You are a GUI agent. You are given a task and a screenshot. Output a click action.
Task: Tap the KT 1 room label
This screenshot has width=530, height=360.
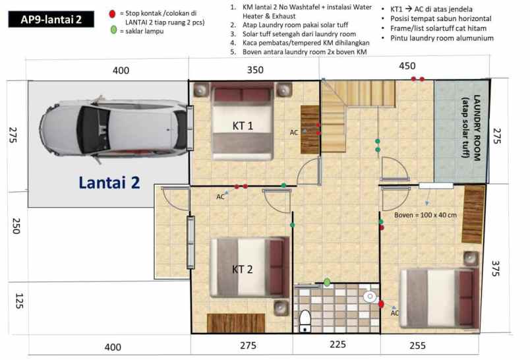[x=243, y=125]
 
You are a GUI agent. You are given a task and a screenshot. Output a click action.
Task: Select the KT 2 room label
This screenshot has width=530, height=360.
[x=243, y=269]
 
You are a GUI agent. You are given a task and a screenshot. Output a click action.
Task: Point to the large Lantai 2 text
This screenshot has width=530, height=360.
[x=109, y=183]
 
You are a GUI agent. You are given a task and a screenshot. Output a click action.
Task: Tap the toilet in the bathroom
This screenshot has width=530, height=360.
[x=305, y=320]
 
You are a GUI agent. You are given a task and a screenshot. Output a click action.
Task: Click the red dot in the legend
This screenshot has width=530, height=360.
[x=113, y=13]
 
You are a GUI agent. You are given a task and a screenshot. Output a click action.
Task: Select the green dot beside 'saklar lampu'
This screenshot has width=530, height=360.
[x=113, y=30]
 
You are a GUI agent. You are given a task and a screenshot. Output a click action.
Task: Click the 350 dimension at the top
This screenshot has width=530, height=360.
[x=254, y=69]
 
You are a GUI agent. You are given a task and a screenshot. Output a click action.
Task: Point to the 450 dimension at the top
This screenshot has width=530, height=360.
[x=407, y=65]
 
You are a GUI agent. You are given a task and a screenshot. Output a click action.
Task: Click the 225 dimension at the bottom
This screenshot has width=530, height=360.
[x=337, y=345]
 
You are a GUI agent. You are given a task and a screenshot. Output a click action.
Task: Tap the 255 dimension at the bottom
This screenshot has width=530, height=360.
[x=417, y=345]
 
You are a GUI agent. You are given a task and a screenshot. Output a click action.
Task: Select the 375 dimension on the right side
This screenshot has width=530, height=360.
[x=497, y=269]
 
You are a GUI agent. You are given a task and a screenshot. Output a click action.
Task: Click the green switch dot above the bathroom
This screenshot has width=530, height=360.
[x=327, y=282]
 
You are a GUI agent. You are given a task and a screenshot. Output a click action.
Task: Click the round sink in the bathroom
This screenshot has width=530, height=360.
[x=370, y=297]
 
